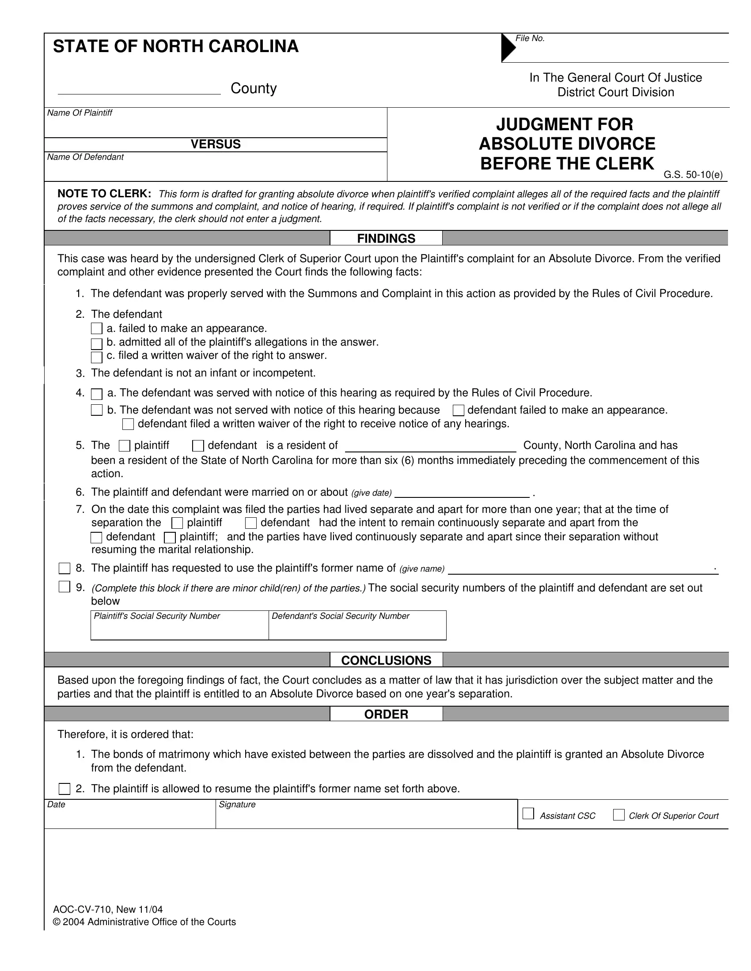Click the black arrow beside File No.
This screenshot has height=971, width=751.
[x=508, y=47]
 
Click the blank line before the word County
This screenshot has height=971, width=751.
[x=139, y=89]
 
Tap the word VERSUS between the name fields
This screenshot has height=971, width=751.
[x=215, y=144]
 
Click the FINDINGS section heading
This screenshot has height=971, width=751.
[x=386, y=238]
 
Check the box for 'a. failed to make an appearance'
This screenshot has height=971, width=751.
[x=97, y=329]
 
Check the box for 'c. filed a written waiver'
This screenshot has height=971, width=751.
[x=97, y=357]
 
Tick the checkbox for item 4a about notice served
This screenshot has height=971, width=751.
[x=97, y=394]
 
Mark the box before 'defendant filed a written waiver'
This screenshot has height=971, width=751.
[x=128, y=424]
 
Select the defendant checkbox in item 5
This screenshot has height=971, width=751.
[x=198, y=446]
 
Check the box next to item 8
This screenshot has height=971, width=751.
[x=65, y=568]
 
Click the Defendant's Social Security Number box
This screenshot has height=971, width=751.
[x=357, y=628]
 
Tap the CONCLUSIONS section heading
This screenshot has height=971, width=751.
[x=386, y=660]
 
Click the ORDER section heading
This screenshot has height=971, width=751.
[x=386, y=714]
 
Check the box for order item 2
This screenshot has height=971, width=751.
[x=65, y=789]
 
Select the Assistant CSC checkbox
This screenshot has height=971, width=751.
[x=528, y=814]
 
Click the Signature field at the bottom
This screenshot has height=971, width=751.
[x=366, y=817]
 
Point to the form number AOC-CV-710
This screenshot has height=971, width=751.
[x=83, y=910]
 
